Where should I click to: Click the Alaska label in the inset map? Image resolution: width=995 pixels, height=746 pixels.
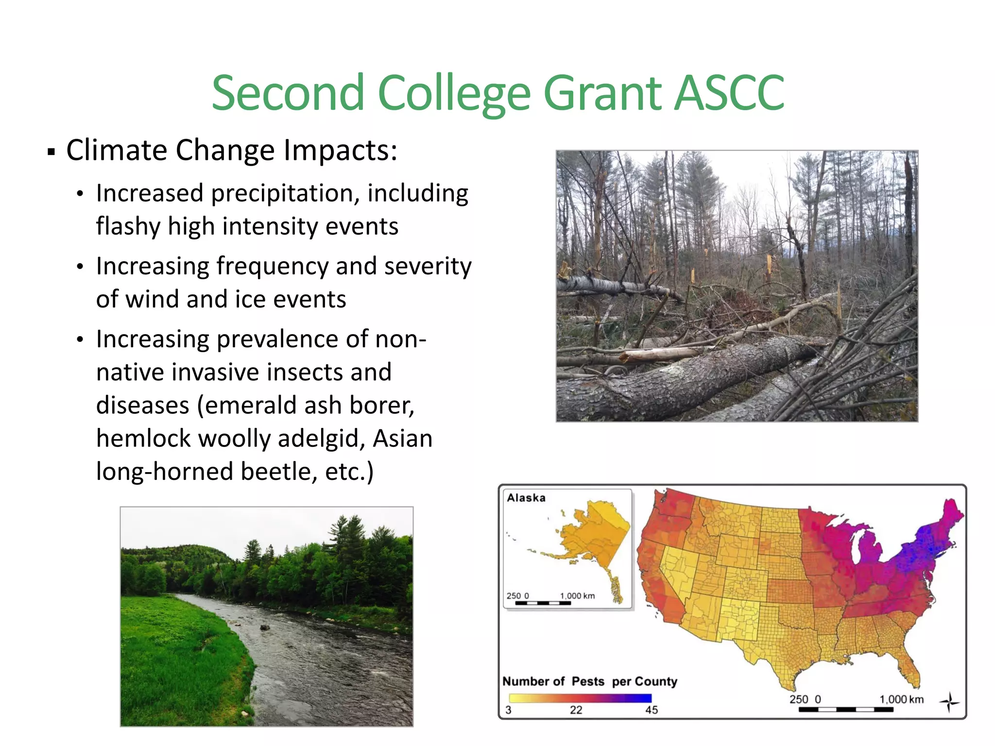(526, 498)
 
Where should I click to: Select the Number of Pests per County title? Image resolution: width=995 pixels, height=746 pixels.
(589, 681)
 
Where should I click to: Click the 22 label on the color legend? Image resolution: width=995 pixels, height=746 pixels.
(576, 710)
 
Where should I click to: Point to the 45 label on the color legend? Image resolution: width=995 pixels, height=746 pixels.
(651, 710)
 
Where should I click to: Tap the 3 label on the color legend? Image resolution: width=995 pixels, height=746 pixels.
(508, 710)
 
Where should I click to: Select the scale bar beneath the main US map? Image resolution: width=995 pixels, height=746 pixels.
(845, 709)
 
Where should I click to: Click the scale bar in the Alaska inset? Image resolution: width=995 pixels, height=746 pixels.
(543, 603)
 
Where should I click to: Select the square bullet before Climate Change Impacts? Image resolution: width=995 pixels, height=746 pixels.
(51, 152)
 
